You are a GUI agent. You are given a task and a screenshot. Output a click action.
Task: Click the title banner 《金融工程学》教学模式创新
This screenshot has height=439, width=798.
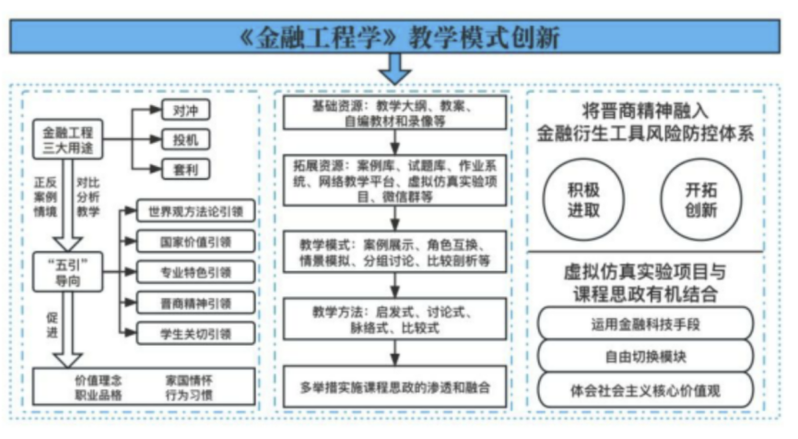pos(398,36)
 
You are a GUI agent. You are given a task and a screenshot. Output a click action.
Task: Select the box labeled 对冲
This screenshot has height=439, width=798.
pos(184,112)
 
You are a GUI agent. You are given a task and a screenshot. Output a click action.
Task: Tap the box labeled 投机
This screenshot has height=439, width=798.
pos(184,140)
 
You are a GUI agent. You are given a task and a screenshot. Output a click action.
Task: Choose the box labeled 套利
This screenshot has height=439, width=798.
pos(184,170)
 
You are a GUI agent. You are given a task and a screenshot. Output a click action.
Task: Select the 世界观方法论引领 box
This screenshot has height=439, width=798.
pos(195,213)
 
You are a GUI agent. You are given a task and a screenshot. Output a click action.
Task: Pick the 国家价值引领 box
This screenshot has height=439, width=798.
pos(195,242)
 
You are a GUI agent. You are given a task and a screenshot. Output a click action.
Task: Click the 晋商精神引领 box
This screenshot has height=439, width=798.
pos(195,302)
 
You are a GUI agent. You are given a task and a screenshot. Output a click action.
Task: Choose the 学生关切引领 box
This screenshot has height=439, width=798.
pos(195,332)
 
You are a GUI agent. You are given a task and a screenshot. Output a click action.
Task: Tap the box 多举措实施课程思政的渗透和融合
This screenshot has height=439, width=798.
pos(395,383)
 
